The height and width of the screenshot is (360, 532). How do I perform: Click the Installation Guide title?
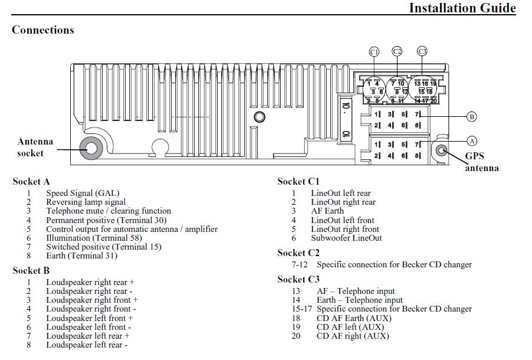click(462, 8)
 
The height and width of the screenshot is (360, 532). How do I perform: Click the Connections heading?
click(43, 30)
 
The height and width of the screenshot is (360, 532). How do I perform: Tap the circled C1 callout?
click(374, 52)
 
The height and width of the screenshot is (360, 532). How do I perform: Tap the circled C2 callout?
click(397, 51)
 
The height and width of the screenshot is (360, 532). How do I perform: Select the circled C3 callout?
click(422, 51)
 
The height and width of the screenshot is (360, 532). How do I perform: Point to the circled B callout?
click(471, 117)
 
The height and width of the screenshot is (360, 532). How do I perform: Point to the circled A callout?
click(471, 140)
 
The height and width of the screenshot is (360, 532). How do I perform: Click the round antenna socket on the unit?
click(91, 148)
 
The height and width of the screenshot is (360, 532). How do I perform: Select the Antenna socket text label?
click(35, 148)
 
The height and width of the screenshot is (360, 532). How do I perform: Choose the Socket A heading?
click(31, 182)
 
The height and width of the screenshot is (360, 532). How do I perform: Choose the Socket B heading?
click(31, 271)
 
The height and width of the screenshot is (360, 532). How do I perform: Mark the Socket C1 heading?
click(298, 182)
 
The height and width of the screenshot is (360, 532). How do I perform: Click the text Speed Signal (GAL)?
click(83, 193)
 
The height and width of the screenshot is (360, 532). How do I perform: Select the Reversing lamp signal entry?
click(86, 202)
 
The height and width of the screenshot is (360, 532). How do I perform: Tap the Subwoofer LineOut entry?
click(346, 238)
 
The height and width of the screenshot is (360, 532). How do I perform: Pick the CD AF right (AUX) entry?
click(353, 336)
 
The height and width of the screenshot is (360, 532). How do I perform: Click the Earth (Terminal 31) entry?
click(81, 256)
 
